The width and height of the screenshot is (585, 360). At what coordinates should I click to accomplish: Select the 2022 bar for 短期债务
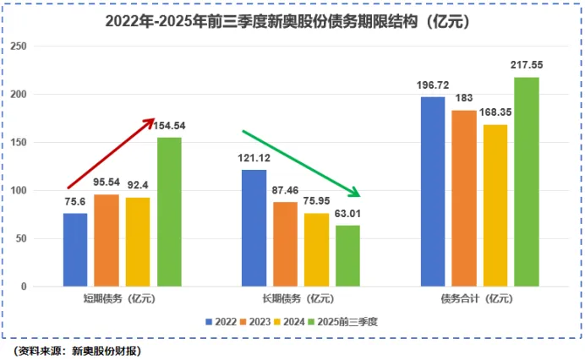pyautogui.click(x=75, y=250)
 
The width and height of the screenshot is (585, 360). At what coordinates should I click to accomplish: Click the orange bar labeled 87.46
pyautogui.click(x=285, y=244)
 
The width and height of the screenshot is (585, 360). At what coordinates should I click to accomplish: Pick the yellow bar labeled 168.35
pyautogui.click(x=495, y=205)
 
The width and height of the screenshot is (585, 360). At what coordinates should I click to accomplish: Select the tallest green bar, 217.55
pyautogui.click(x=526, y=182)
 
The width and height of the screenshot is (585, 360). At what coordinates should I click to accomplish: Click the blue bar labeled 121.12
pyautogui.click(x=254, y=228)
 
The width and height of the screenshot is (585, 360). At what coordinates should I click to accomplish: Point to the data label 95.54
pyautogui.click(x=107, y=183)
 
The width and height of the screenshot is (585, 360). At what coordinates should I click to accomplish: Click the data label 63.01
pyautogui.click(x=347, y=213)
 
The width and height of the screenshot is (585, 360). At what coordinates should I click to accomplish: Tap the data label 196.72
pyautogui.click(x=432, y=85)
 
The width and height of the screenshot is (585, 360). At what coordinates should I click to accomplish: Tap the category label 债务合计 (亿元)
pyautogui.click(x=479, y=297)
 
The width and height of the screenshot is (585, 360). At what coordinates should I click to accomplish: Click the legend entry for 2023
pyautogui.click(x=260, y=321)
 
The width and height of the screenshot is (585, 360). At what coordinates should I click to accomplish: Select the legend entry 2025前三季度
pyautogui.click(x=349, y=321)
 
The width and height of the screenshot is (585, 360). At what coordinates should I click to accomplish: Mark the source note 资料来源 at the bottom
pyautogui.click(x=77, y=350)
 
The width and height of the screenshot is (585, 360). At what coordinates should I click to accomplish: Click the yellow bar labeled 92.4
pyautogui.click(x=138, y=243)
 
